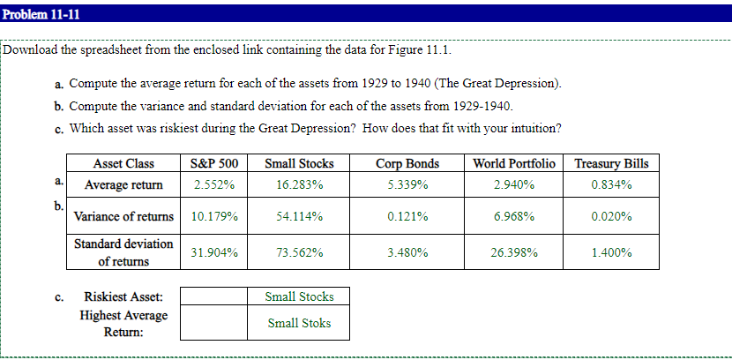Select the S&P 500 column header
tap(214, 163)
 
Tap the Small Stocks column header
tap(299, 163)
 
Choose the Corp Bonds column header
tap(407, 163)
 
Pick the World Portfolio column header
tap(514, 163)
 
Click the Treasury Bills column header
tap(611, 163)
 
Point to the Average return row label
tap(123, 185)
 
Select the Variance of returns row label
tap(123, 216)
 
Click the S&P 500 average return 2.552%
tap(214, 185)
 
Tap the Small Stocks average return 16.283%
tap(299, 185)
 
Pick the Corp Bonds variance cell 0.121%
tap(407, 216)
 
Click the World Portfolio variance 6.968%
tap(514, 216)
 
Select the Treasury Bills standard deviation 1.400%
tap(611, 252)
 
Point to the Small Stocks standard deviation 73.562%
tap(299, 252)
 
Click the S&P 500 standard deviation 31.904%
tap(214, 252)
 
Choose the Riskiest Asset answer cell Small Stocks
tap(299, 296)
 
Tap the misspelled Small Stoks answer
tap(299, 323)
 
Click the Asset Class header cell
tap(123, 163)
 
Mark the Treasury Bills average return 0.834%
tap(611, 185)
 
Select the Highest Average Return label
tap(123, 324)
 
